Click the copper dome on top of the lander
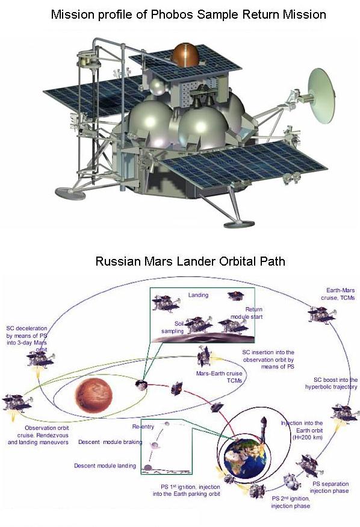(x=185, y=54)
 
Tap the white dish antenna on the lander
(x=321, y=96)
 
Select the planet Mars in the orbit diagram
(x=94, y=394)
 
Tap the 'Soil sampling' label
(x=173, y=328)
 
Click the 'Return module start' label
(x=246, y=313)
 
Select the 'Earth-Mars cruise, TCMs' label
(x=338, y=294)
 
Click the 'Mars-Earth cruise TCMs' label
(x=219, y=377)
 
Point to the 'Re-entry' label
(x=143, y=426)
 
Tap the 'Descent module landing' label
(x=105, y=466)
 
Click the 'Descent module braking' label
(x=110, y=441)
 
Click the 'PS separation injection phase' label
(x=329, y=487)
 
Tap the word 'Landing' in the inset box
(x=198, y=295)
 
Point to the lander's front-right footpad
(x=239, y=223)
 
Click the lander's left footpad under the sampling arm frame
(x=70, y=193)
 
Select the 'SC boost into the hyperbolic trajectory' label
(x=332, y=383)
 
